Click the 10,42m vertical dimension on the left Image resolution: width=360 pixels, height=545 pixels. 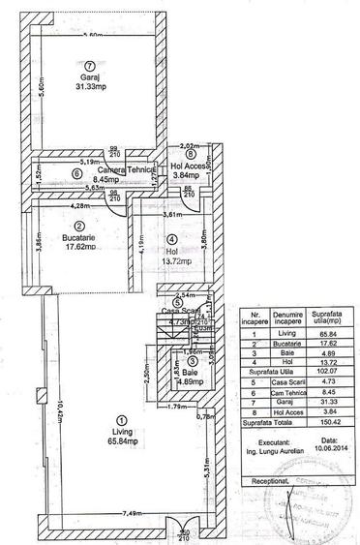[58, 418]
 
